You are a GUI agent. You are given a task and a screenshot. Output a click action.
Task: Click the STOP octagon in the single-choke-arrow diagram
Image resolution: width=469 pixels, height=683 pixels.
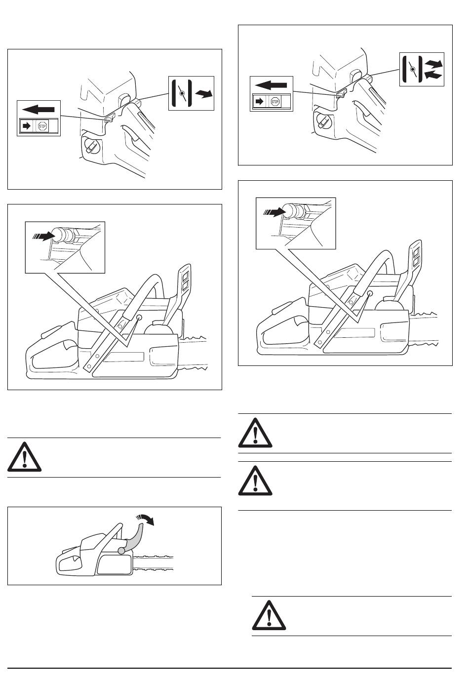pyautogui.click(x=42, y=126)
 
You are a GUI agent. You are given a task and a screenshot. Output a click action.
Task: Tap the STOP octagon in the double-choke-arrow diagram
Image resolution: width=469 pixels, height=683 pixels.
pyautogui.click(x=275, y=102)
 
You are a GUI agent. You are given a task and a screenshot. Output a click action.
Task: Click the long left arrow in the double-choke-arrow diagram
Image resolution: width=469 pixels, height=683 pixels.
pyautogui.click(x=272, y=85)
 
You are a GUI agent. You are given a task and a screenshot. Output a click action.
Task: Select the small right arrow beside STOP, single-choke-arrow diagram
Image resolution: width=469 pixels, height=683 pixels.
pyautogui.click(x=26, y=126)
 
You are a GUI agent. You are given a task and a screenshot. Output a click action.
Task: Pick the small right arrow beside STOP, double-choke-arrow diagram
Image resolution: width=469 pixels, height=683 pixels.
pyautogui.click(x=259, y=102)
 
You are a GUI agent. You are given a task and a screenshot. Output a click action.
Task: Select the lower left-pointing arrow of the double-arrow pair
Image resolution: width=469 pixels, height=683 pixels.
pyautogui.click(x=433, y=75)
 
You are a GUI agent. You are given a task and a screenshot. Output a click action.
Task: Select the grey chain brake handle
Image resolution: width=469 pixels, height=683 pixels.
pyautogui.click(x=134, y=538)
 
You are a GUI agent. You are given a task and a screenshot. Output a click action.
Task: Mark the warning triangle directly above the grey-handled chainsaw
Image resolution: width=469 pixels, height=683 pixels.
pyautogui.click(x=25, y=457)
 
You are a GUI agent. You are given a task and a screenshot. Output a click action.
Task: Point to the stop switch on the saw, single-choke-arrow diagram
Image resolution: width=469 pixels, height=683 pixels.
pyautogui.click(x=110, y=118)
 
